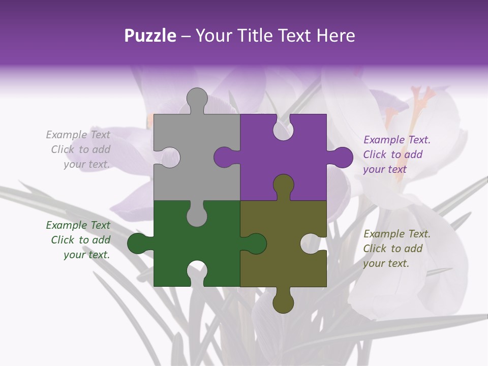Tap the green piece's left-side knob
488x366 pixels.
[138, 243]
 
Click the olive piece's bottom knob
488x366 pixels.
[283, 302]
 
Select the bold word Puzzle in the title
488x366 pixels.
[150, 36]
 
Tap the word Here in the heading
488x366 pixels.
[335, 36]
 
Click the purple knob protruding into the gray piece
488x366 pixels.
[224, 157]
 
